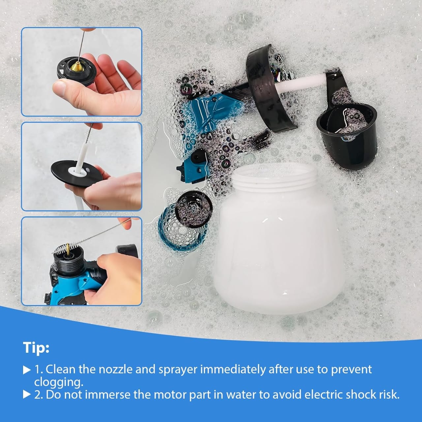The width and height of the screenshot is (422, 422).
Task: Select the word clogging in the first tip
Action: coord(59,382)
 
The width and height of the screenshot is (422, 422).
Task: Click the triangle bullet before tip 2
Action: coord(27,395)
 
